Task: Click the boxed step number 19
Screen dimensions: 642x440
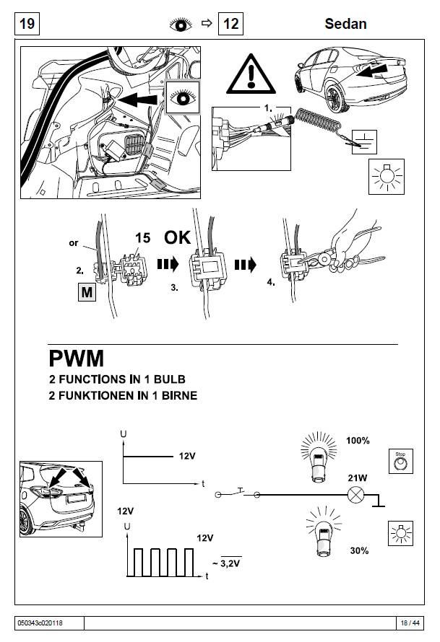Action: [x=27, y=24]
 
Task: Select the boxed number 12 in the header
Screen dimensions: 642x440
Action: [x=230, y=24]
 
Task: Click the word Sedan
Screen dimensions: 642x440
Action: [x=345, y=24]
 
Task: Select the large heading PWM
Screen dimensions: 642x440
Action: [x=77, y=358]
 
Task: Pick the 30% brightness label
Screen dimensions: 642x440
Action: [x=358, y=550]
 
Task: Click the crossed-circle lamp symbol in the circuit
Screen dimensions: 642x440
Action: [x=355, y=496]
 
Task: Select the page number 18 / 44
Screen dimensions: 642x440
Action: [x=410, y=623]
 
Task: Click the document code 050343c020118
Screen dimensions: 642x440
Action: [x=41, y=623]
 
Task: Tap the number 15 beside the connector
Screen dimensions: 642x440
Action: [x=143, y=237]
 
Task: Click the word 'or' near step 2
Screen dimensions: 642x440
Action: [x=74, y=243]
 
